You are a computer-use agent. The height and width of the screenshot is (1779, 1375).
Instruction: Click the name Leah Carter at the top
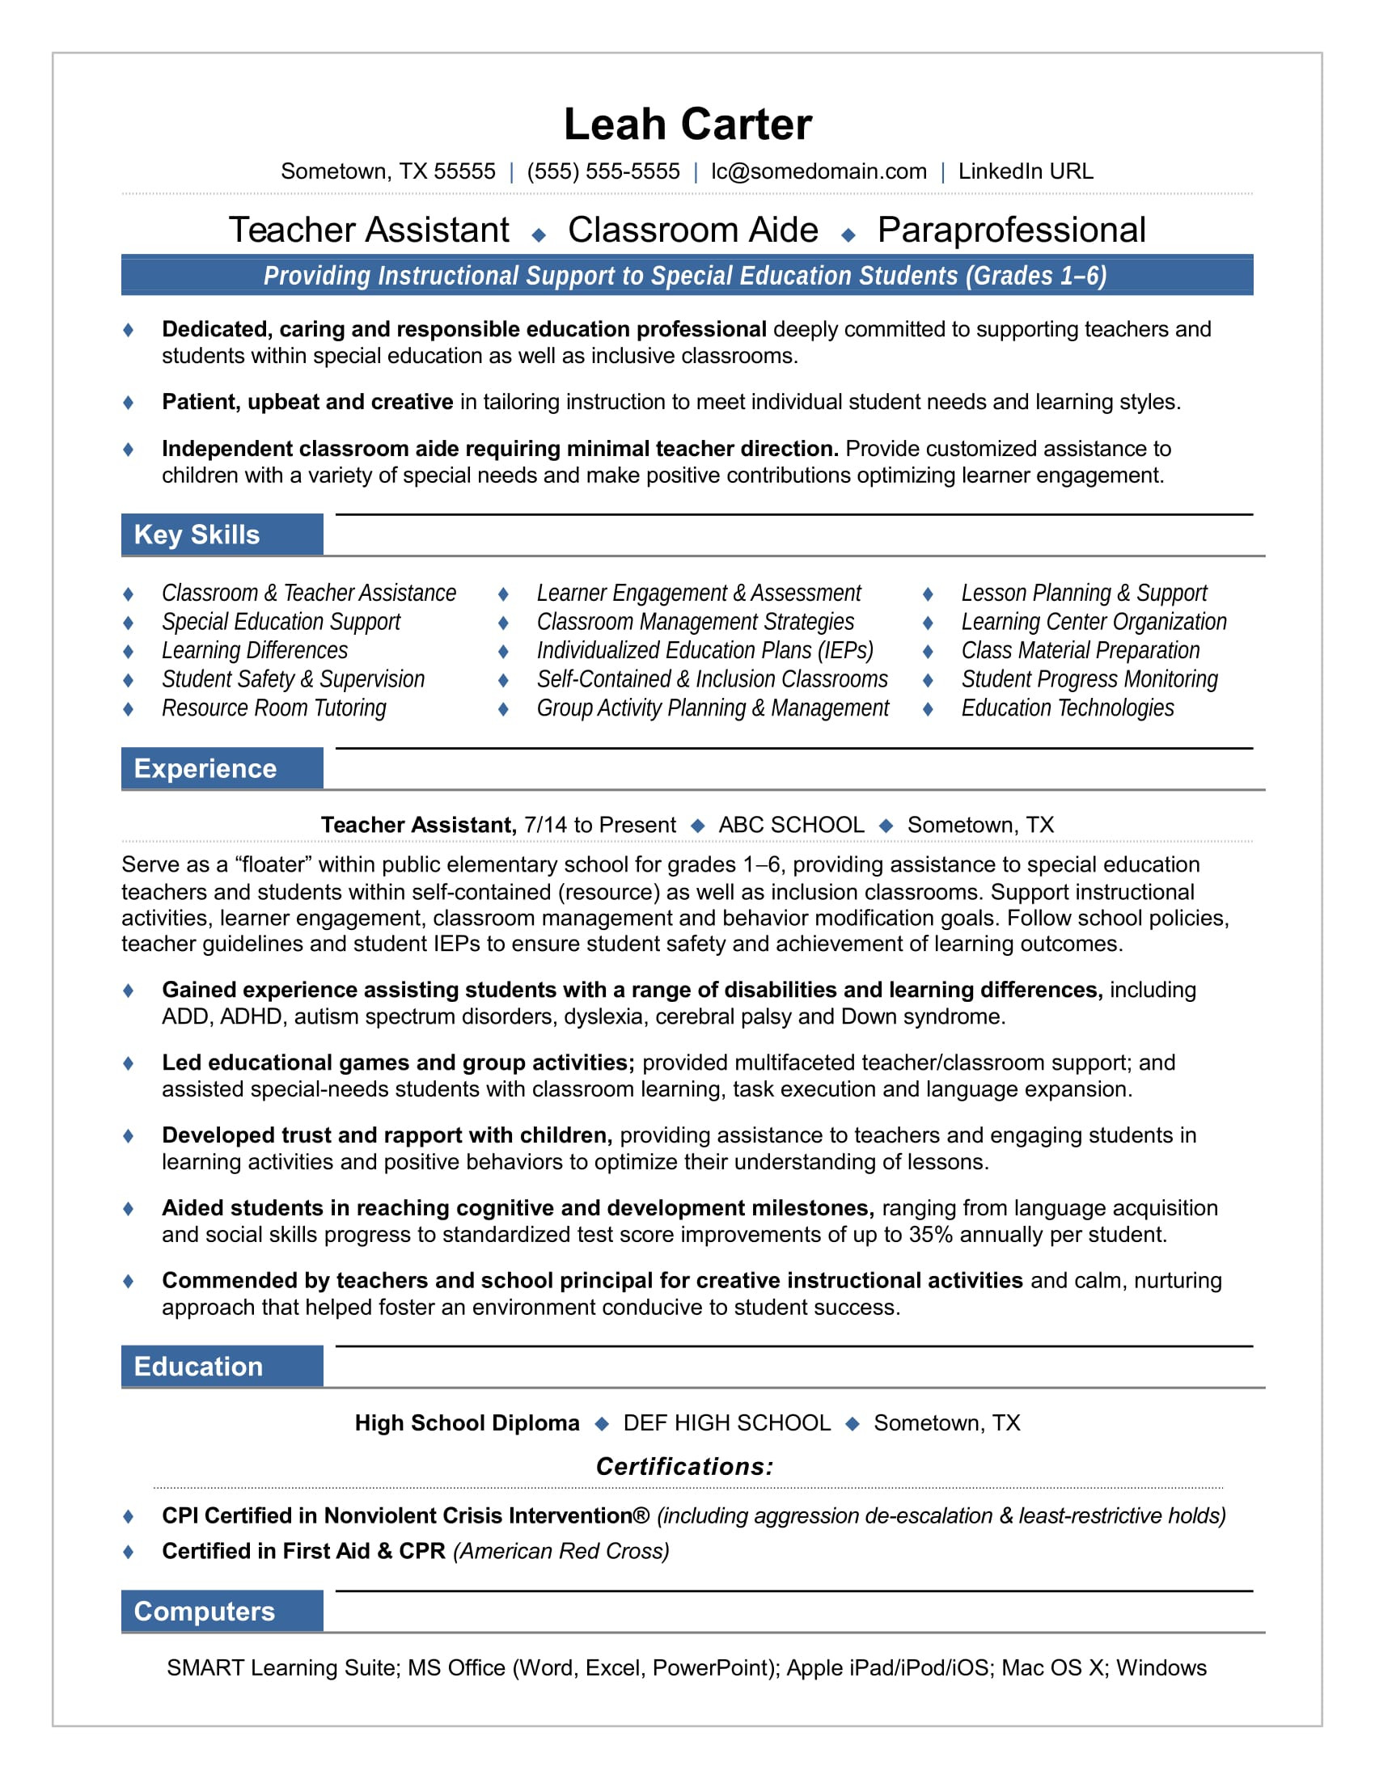point(687,125)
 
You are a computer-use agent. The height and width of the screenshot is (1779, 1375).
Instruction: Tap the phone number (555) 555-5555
point(603,171)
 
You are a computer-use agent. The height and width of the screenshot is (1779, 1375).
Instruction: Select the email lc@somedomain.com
point(818,171)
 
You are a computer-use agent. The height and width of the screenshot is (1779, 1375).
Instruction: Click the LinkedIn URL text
point(1025,171)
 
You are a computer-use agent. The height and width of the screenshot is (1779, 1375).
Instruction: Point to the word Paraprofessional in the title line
point(1011,230)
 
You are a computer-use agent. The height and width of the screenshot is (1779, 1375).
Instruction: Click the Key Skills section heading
point(197,535)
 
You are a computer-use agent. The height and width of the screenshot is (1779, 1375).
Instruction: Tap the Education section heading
point(199,1366)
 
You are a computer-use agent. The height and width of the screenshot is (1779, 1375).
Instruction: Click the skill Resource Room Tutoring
point(273,708)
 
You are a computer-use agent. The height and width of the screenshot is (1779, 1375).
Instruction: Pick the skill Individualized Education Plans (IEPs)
point(704,650)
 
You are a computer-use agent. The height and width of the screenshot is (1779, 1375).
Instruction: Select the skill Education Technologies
point(1067,708)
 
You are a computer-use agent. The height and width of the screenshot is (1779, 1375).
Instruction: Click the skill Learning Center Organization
point(1094,622)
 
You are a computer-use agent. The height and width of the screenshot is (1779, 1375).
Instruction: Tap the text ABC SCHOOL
point(791,824)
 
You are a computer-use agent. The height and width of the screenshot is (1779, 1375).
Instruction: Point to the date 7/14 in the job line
point(545,824)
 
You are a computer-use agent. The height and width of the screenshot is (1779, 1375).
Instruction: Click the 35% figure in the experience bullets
point(930,1234)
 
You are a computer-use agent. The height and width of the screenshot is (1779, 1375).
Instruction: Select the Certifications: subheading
point(684,1466)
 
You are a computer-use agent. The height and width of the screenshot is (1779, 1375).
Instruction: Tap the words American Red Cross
point(561,1551)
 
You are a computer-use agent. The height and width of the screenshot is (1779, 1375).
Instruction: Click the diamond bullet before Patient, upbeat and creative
point(128,403)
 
